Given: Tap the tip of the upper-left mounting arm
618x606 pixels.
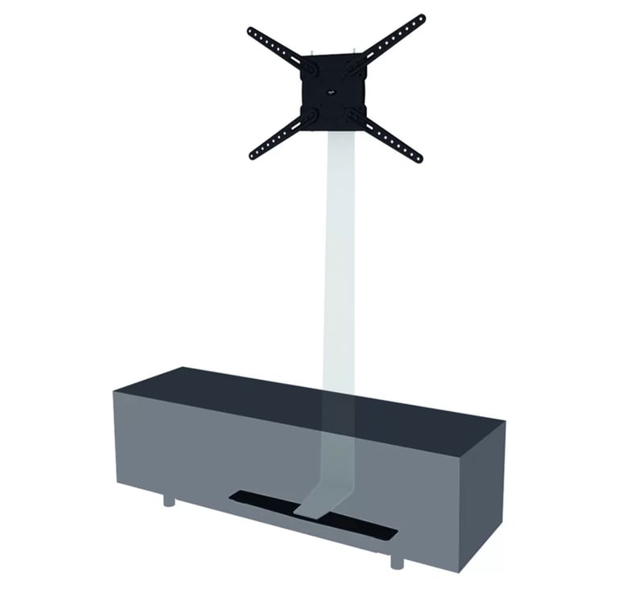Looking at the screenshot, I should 252,32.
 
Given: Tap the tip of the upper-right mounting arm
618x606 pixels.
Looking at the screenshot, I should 419,19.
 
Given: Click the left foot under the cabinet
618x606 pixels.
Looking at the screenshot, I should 169,501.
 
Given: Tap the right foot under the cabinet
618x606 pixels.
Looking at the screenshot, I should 397,561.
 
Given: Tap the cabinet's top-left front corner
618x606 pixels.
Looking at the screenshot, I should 115,391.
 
